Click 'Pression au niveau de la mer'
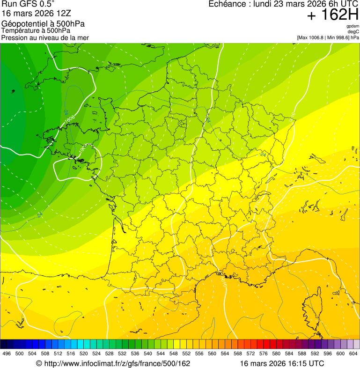click(45, 37)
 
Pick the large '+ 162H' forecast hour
click(332, 15)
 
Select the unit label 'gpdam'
click(353, 26)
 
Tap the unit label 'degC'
click(354, 32)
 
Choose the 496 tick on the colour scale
click(7, 354)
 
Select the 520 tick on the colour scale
click(84, 354)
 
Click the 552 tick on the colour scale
click(186, 354)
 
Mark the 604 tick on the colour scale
click(353, 354)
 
